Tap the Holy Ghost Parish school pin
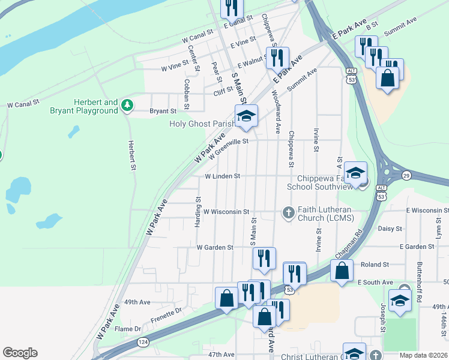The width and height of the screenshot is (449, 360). click(x=246, y=116)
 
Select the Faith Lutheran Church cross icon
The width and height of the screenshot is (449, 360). click(x=288, y=212)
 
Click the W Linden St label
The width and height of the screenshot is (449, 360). click(x=222, y=176)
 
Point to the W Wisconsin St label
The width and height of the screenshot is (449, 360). click(x=226, y=212)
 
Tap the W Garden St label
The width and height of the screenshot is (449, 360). click(x=214, y=247)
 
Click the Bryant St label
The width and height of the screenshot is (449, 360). click(x=163, y=111)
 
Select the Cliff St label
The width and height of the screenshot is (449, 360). click(x=223, y=93)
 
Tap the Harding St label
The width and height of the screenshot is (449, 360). click(x=197, y=211)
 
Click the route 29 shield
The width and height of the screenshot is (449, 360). click(x=406, y=175)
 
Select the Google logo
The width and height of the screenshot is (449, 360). click(x=20, y=353)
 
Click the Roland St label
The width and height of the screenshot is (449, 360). click(x=373, y=264)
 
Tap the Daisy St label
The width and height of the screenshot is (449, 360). click(x=389, y=229)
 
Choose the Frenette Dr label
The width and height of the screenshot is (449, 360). click(x=166, y=315)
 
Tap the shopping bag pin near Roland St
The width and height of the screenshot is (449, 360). click(x=341, y=270)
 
